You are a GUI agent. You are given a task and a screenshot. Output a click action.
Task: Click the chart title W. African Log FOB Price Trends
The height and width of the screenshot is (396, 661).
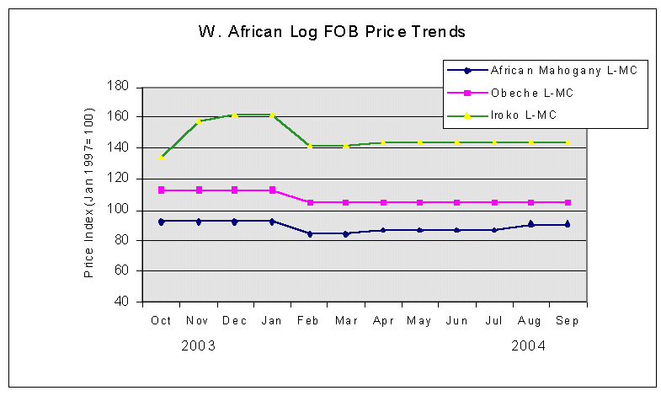(x=331, y=33)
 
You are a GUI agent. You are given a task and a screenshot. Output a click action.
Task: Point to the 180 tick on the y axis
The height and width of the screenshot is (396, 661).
(x=118, y=87)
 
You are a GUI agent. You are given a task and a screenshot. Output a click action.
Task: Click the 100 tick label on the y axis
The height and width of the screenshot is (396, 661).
(x=118, y=210)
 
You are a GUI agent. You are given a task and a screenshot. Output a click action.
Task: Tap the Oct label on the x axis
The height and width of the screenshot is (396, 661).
(x=161, y=320)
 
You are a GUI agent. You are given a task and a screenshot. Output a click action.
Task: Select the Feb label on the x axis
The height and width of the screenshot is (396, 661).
(x=309, y=320)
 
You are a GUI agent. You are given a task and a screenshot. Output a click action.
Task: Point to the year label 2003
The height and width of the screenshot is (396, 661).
(x=198, y=346)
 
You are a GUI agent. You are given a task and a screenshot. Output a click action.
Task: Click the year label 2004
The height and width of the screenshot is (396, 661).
(x=528, y=346)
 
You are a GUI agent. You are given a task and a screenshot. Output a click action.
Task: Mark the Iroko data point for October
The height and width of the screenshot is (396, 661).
(x=161, y=157)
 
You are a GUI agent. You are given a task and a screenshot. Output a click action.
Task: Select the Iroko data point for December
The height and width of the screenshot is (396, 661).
(x=235, y=115)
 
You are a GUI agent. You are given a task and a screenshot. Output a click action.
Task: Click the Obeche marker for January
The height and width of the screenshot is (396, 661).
(x=272, y=190)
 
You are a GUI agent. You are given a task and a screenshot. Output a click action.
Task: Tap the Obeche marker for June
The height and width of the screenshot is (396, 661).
(x=456, y=202)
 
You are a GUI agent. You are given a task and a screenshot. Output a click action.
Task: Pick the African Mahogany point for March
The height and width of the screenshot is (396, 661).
(x=346, y=233)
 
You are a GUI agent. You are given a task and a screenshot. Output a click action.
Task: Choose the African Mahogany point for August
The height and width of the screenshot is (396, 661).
(x=530, y=224)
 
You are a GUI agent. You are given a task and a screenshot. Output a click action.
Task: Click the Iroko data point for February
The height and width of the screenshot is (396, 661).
(x=309, y=146)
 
